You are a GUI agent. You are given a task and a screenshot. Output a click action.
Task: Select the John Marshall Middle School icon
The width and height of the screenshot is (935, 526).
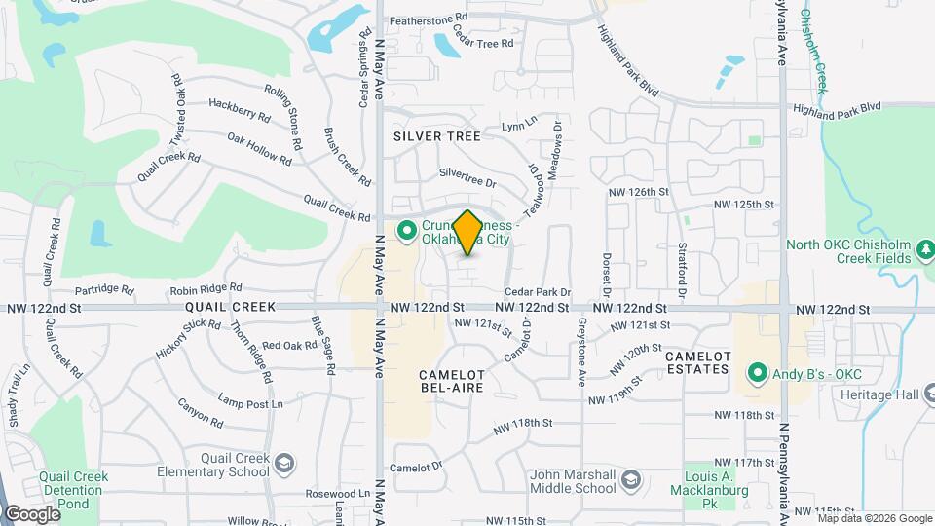click(631, 479)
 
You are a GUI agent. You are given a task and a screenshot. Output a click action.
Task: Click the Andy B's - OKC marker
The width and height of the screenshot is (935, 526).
click(756, 372)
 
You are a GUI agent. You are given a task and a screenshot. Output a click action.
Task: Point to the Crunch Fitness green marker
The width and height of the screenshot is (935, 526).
click(407, 231)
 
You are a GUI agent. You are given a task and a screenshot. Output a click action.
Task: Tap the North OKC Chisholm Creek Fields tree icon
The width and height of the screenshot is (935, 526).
click(926, 254)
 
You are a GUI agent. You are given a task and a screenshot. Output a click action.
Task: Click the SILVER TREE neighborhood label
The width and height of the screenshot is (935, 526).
click(437, 137)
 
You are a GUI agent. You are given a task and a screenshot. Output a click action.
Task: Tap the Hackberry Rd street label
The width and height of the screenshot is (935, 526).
click(239, 108)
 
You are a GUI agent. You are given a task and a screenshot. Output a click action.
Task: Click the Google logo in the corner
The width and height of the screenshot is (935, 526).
click(31, 514)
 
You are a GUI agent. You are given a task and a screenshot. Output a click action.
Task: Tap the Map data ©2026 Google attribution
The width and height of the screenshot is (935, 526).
click(875, 518)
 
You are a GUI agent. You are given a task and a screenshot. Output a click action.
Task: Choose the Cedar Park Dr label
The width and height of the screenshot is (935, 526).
click(537, 292)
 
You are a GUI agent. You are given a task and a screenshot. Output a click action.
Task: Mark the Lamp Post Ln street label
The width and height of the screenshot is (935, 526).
click(250, 402)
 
